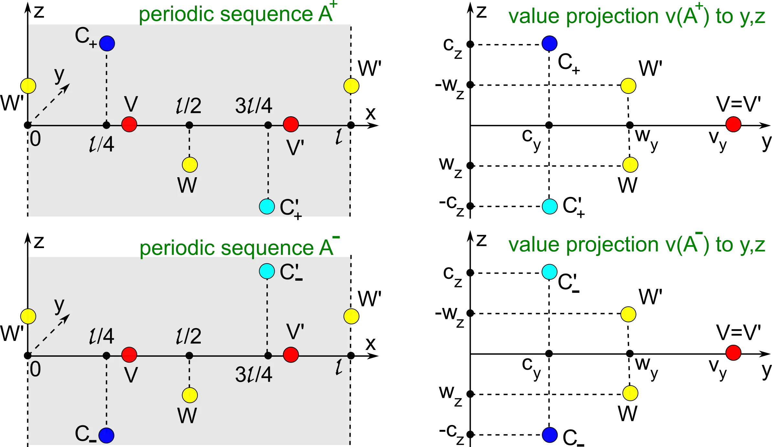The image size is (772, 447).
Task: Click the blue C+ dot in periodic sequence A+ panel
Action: (107, 43)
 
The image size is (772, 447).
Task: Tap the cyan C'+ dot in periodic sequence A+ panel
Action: (267, 206)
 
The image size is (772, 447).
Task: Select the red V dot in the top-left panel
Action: (129, 124)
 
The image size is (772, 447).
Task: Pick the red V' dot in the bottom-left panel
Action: (291, 355)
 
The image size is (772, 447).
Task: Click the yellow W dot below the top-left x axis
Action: (190, 165)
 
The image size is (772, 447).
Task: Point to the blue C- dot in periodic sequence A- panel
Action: (106, 435)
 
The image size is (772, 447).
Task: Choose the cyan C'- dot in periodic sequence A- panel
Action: (267, 271)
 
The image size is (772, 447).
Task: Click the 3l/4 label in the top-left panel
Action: (254, 105)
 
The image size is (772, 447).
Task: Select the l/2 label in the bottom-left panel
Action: (189, 336)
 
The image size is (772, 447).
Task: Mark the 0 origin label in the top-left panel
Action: (36, 139)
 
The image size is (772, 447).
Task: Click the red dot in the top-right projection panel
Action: (733, 125)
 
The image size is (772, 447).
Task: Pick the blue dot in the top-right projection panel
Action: (550, 43)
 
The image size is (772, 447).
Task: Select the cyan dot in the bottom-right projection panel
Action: (550, 272)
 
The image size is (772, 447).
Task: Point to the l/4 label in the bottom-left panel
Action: (102, 336)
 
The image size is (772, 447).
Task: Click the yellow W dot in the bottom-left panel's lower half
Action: (190, 395)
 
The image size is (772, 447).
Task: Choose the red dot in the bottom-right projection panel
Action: (733, 353)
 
